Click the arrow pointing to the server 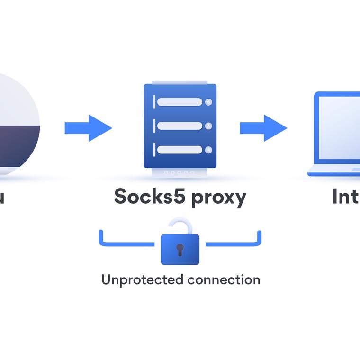pyautogui.click(x=89, y=128)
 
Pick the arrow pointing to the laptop pyautogui.click(x=263, y=128)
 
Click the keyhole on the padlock pyautogui.click(x=180, y=249)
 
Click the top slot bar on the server pyautogui.click(x=180, y=102)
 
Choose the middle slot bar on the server pyautogui.click(x=180, y=126)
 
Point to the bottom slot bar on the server pyautogui.click(x=180, y=150)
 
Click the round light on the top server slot pyautogui.click(x=208, y=102)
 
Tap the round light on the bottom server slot pyautogui.click(x=208, y=150)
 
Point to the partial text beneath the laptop pyautogui.click(x=346, y=196)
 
